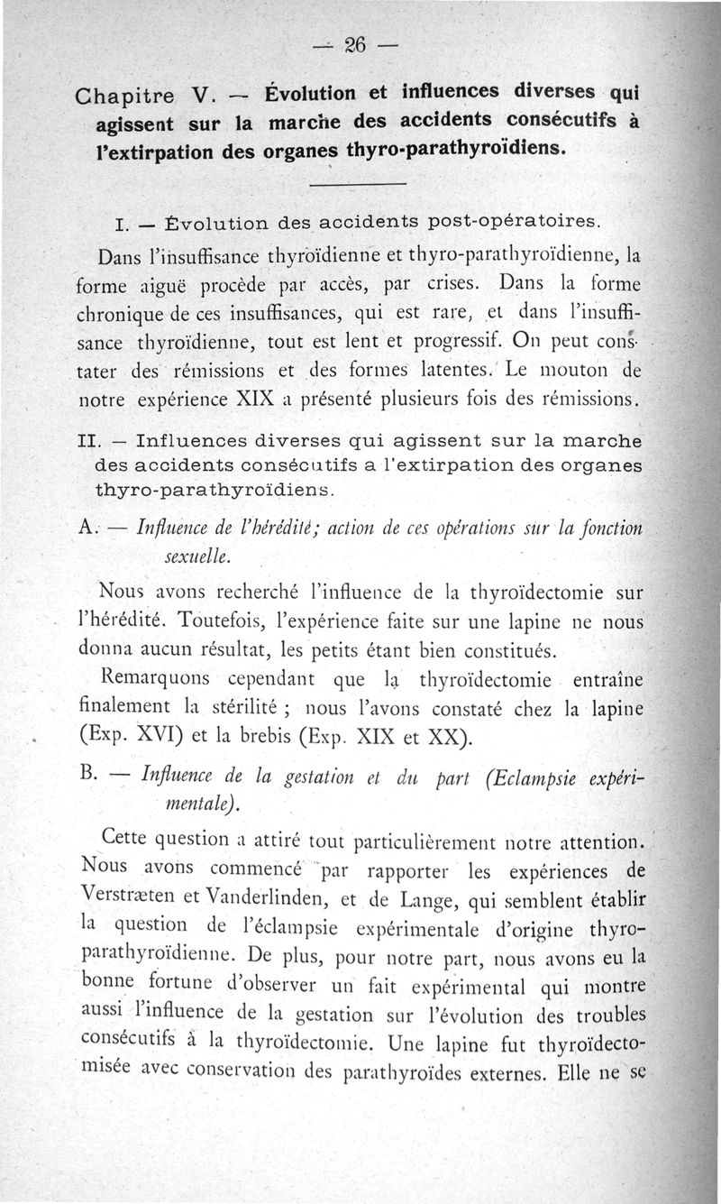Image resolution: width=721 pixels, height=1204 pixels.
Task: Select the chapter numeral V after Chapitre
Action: point(201,95)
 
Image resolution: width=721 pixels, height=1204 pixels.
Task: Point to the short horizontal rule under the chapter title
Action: point(358,186)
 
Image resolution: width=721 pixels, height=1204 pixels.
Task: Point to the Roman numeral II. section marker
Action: point(87,443)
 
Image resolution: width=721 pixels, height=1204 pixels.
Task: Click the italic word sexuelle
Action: point(198,558)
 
